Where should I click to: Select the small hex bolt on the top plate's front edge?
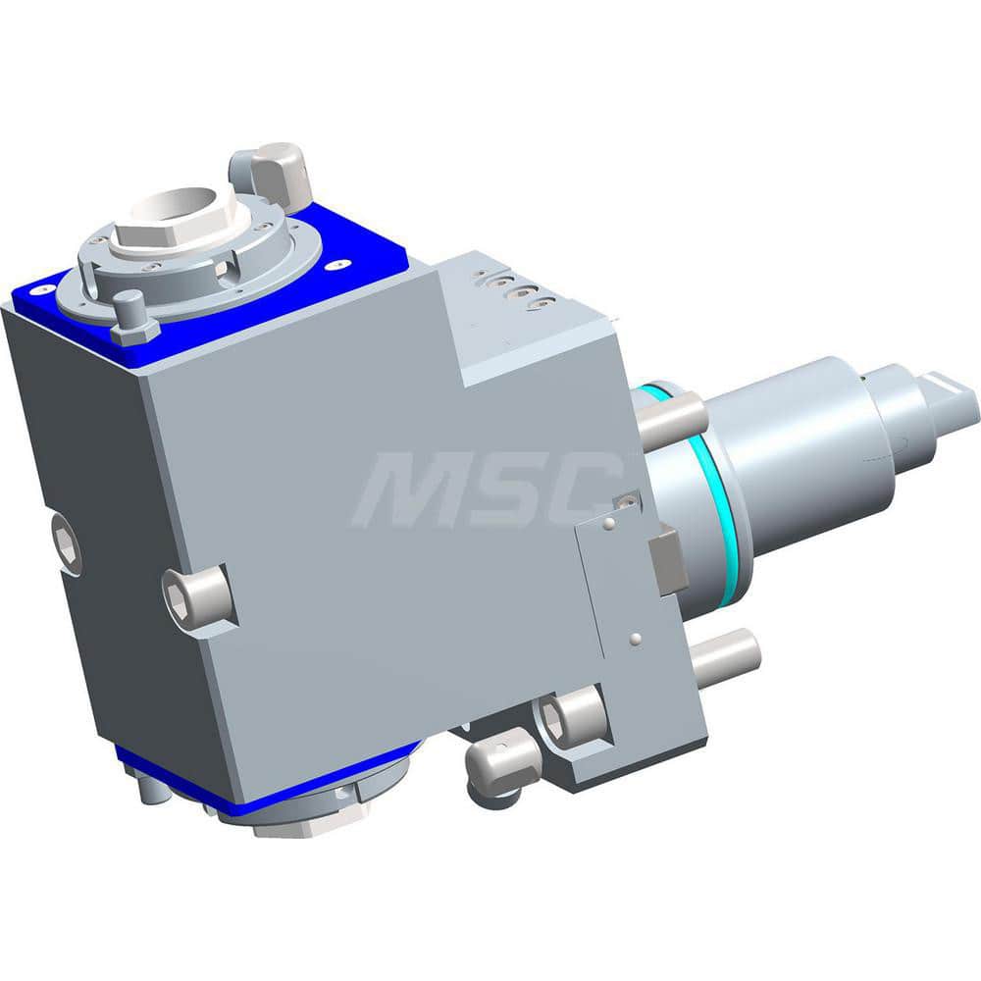133,319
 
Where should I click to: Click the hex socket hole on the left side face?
67,542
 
